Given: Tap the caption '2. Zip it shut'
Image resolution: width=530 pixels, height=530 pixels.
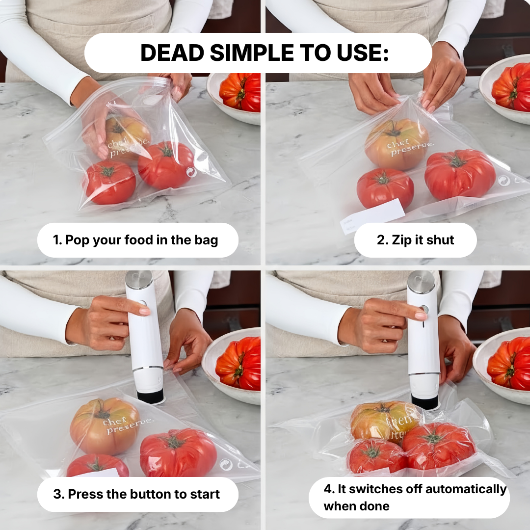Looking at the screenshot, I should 415,240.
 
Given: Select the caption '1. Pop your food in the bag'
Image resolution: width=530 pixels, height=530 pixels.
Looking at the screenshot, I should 135,240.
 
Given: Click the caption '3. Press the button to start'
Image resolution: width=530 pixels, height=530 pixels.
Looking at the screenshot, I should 136,494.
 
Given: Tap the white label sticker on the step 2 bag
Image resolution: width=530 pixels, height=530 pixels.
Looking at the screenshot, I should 373,215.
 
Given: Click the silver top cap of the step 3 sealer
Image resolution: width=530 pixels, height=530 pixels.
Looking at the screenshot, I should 138,279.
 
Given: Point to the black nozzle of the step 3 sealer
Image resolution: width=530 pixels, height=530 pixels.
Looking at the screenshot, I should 150,395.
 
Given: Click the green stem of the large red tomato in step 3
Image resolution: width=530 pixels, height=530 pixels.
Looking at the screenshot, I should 172,441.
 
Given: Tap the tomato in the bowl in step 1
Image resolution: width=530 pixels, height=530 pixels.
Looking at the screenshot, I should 241,91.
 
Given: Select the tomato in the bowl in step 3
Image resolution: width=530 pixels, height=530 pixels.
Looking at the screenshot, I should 239,364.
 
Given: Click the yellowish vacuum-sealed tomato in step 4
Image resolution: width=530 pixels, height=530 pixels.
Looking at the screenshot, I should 383,421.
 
